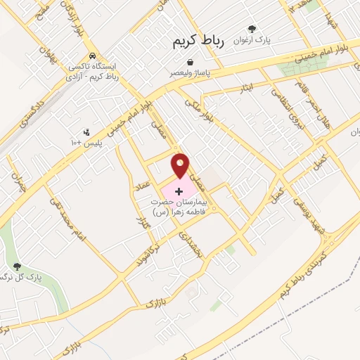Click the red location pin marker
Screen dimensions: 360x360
181,165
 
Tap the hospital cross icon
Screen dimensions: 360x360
177,191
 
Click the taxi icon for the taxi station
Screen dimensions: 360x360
92,56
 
